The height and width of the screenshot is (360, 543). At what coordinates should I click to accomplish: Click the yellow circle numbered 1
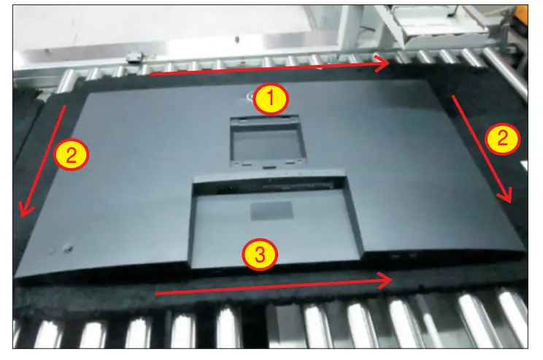coord(271,99)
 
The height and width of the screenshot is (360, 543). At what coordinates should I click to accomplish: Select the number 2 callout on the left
coord(71,154)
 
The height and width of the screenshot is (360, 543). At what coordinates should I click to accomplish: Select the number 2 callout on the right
coord(504,139)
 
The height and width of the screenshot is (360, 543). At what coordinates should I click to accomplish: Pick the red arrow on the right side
coord(481,149)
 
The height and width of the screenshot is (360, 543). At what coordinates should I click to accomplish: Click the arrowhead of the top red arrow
coord(383,64)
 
